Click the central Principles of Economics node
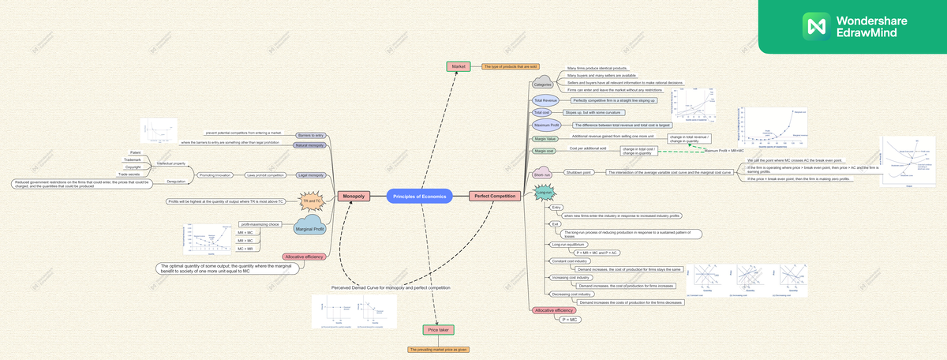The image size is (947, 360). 419,196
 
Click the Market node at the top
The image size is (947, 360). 459,66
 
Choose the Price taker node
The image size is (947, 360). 438,329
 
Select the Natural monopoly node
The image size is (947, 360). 309,145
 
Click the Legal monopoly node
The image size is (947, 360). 310,174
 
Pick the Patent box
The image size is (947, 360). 135,152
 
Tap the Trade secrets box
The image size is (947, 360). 129,174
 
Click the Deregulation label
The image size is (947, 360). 177,181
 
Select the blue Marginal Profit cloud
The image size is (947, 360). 309,229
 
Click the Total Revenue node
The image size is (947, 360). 545,101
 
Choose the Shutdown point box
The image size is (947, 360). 579,172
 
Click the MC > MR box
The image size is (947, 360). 245,249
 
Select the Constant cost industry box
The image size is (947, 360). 570,261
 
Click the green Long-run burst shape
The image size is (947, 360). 544,192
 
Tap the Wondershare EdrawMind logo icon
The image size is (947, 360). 814,26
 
